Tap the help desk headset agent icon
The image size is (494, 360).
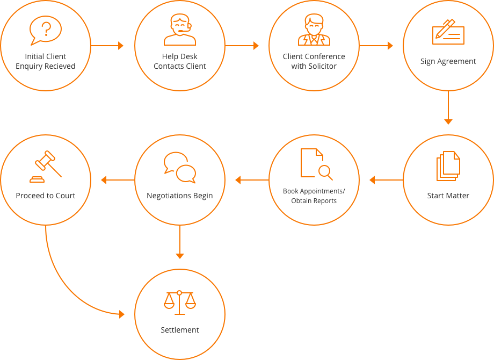click(180, 30)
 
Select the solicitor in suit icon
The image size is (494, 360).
click(314, 30)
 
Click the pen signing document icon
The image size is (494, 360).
click(448, 32)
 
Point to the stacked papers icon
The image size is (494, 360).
click(448, 166)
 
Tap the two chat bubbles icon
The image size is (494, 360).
click(180, 168)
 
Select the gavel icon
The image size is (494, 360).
click(46, 167)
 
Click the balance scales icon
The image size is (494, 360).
click(179, 303)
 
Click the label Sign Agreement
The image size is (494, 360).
click(448, 61)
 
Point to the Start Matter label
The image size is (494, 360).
click(448, 196)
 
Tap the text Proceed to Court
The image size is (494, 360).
click(46, 196)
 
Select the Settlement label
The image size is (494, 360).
click(179, 330)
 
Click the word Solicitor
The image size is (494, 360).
click(322, 66)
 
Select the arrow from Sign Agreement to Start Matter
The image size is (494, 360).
click(448, 107)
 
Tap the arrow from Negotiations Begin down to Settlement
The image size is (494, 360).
click(180, 242)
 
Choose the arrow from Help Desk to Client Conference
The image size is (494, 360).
click(242, 46)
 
